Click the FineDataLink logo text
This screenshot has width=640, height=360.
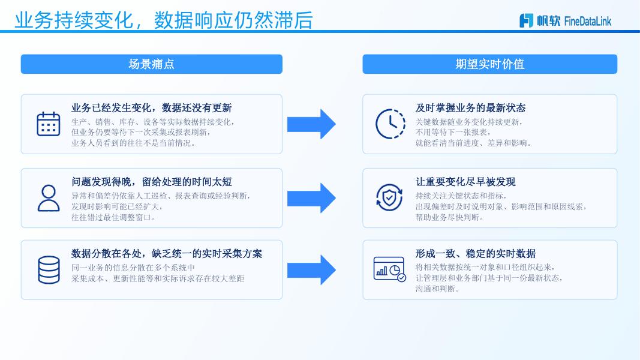(x=587, y=21)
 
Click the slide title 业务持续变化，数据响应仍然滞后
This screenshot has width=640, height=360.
(x=164, y=20)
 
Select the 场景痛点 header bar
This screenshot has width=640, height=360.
(x=151, y=64)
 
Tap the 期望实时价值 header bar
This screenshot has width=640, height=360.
(x=490, y=64)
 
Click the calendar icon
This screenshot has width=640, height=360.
(x=49, y=124)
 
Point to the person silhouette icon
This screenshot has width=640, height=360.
(x=49, y=198)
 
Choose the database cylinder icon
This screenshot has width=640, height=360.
(x=49, y=270)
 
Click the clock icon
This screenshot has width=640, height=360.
(x=390, y=124)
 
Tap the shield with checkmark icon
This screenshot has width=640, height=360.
(x=389, y=197)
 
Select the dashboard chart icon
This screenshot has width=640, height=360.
(x=389, y=269)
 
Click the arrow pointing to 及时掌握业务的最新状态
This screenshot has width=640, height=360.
(x=311, y=124)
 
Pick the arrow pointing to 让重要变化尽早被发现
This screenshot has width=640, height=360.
(x=311, y=198)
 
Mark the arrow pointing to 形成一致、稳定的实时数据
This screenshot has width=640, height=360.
(x=311, y=270)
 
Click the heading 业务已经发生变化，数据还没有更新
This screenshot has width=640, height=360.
(x=151, y=108)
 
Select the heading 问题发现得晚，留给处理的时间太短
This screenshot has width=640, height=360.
(x=151, y=182)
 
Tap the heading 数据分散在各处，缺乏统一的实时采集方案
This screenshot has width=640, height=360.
(x=167, y=253)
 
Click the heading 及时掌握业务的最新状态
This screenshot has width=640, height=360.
(x=470, y=108)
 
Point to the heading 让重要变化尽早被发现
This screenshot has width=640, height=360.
(x=465, y=182)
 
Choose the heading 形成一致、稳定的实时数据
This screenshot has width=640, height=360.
(x=476, y=253)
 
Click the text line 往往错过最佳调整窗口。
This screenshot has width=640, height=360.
(x=114, y=217)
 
